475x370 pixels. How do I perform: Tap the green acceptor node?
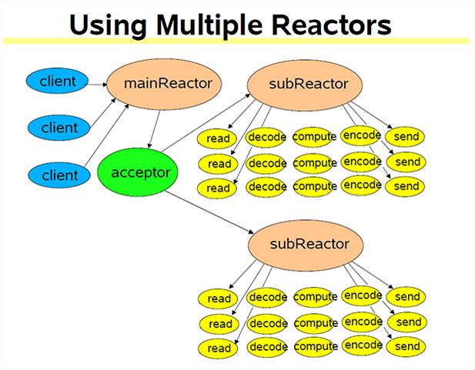139,172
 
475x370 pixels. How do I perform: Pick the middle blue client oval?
60,127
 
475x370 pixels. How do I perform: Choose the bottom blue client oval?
60,175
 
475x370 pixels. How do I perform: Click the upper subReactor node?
299,83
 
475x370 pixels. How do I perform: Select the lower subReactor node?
299,245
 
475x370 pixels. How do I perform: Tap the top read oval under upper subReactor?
219,139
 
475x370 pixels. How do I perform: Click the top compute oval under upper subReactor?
315,137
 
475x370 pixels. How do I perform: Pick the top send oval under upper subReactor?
406,137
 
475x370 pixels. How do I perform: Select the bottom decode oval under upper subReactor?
267,186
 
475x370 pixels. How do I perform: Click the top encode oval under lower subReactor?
362,295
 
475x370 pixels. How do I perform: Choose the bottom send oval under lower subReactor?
406,347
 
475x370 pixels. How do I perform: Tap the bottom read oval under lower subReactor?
219,348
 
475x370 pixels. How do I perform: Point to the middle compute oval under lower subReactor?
315,322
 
